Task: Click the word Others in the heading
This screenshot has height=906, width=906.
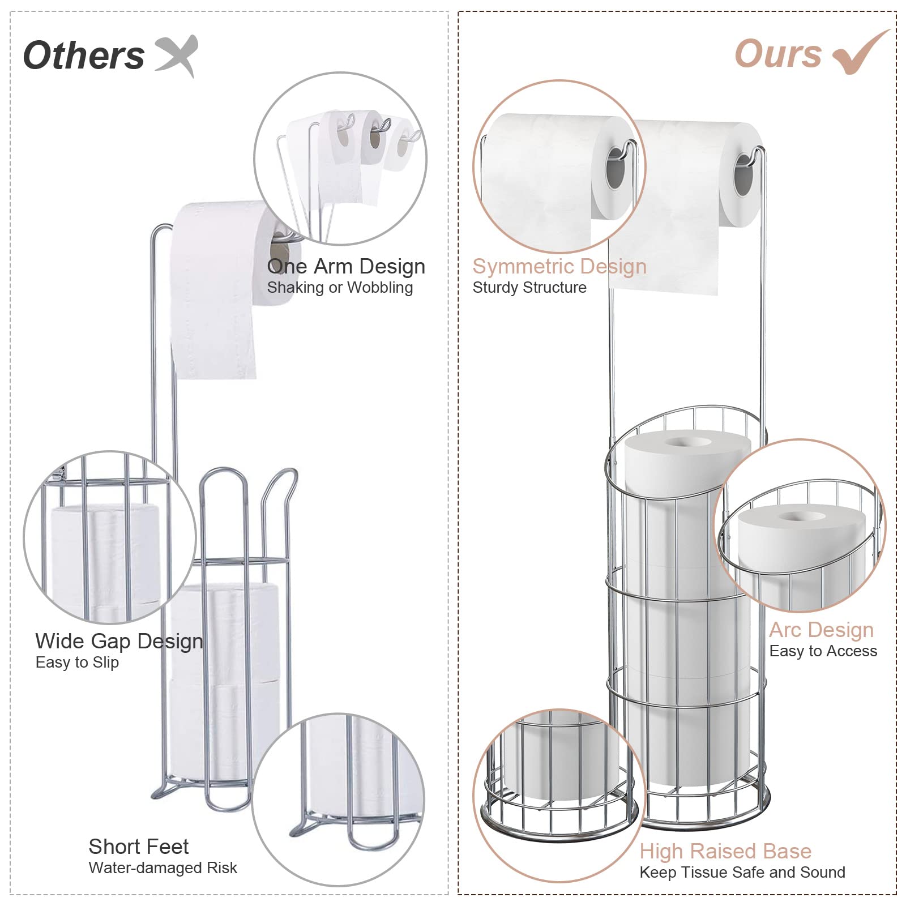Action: click(84, 55)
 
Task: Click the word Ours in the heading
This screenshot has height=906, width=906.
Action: click(778, 54)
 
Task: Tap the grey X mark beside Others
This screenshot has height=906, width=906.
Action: click(177, 54)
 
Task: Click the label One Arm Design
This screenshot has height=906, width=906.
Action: click(346, 266)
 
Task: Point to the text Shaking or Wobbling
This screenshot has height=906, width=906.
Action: click(340, 288)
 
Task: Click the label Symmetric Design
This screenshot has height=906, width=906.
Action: click(559, 266)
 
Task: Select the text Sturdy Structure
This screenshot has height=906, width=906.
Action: click(529, 288)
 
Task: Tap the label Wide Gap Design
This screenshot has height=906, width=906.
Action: click(119, 641)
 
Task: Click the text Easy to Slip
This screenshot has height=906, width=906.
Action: click(77, 663)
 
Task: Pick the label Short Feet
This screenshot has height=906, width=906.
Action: click(139, 847)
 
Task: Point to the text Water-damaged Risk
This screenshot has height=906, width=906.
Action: click(163, 868)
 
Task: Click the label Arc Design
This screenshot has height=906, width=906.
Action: click(821, 630)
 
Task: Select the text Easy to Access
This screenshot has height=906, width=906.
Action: click(823, 651)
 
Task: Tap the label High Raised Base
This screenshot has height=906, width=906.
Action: click(725, 851)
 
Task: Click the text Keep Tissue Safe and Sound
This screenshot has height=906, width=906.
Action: click(742, 873)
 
